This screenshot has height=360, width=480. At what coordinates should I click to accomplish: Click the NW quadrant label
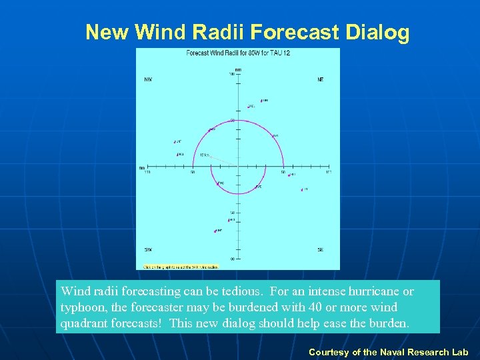(x=148, y=79)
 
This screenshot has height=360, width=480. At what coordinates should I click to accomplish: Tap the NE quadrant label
(x=321, y=79)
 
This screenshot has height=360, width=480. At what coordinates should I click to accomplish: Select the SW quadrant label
(x=148, y=249)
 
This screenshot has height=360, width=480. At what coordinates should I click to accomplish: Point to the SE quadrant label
(x=321, y=249)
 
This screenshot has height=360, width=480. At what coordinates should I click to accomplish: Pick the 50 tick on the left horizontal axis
(x=192, y=167)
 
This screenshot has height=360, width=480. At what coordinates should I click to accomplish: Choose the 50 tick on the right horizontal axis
(x=283, y=167)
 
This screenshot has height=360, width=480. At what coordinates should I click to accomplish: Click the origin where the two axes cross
(x=238, y=167)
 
